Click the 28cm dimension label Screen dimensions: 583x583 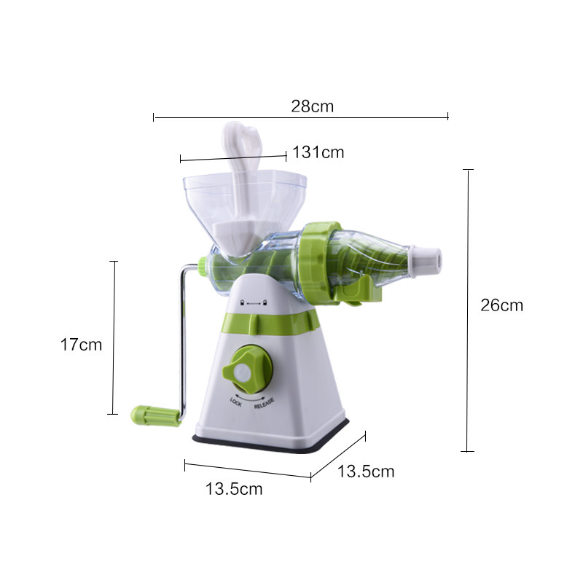(313, 106)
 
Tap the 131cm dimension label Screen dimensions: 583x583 (318, 152)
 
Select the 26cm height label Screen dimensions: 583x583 (502, 305)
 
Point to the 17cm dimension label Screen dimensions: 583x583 (81, 345)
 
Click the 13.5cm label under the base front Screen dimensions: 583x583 (234, 489)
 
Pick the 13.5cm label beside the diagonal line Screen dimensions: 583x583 (366, 472)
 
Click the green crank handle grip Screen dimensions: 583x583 (155, 415)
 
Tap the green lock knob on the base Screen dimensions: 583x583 (247, 369)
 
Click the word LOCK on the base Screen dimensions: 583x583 (235, 402)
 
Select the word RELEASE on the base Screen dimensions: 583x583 (264, 404)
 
